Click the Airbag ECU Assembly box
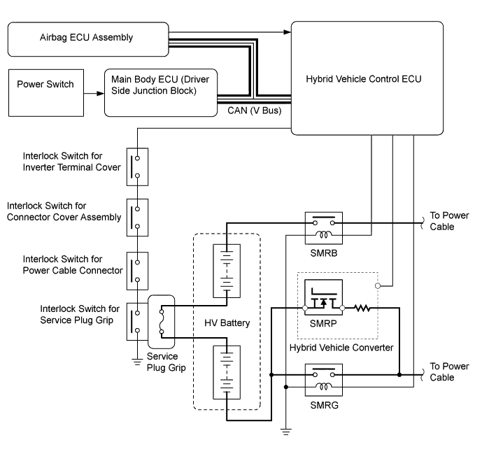88,38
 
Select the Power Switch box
47,92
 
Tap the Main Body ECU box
161,92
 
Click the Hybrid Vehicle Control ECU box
367,78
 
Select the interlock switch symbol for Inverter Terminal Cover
137,166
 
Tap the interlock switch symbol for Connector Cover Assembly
137,216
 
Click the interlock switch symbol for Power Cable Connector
137,270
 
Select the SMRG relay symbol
322,378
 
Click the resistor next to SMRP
362,307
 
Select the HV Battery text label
226,324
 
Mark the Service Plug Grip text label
166,362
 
